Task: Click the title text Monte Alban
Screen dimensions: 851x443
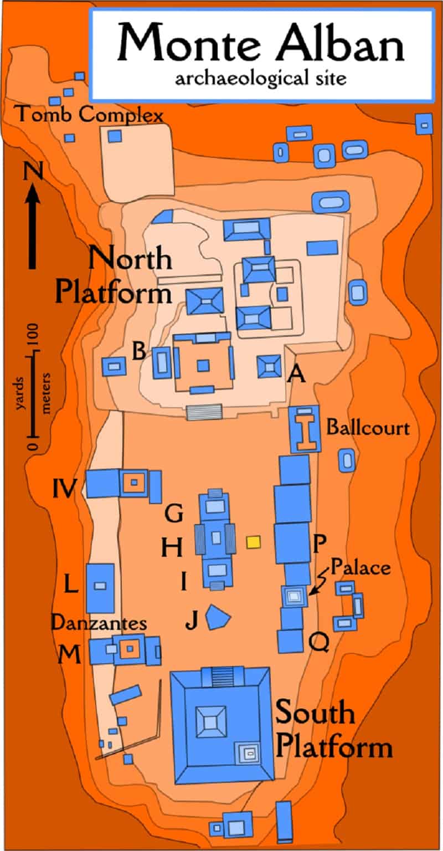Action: pyautogui.click(x=260, y=43)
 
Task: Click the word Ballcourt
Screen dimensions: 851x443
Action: pyautogui.click(x=368, y=428)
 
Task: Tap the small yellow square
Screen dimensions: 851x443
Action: pyautogui.click(x=254, y=541)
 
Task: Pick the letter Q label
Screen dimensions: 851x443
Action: pyautogui.click(x=320, y=643)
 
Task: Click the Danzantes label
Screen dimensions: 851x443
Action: pyautogui.click(x=99, y=623)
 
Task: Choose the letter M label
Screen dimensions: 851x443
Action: pyautogui.click(x=69, y=655)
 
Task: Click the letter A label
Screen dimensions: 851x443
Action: pyautogui.click(x=297, y=376)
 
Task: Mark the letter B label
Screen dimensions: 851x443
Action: pyautogui.click(x=139, y=351)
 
